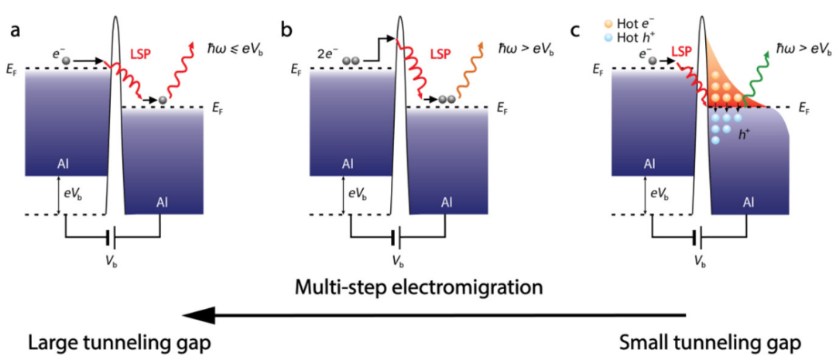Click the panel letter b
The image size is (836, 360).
287,31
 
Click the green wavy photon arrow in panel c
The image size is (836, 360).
756,77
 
